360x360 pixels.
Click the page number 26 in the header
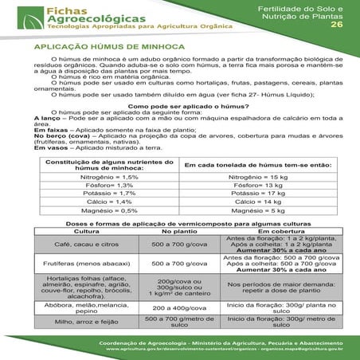336,25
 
